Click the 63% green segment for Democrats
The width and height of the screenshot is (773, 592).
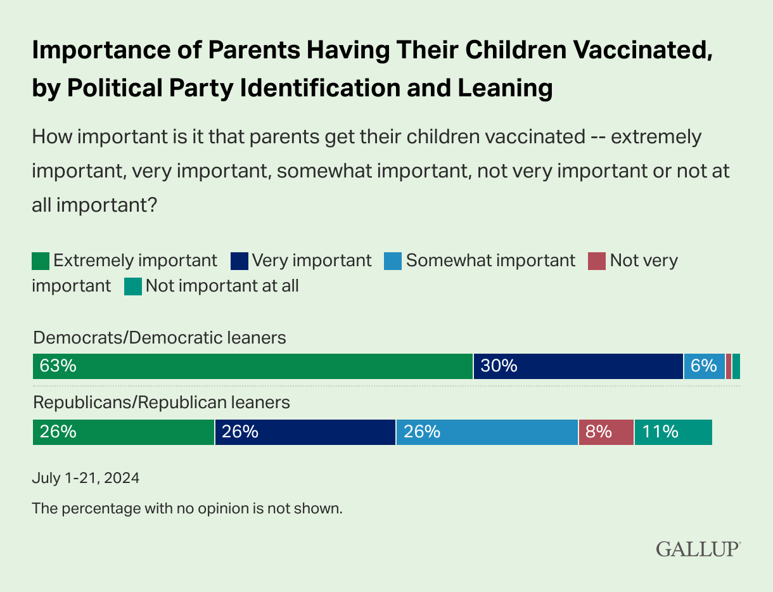pos(252,366)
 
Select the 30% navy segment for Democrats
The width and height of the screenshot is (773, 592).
pos(578,366)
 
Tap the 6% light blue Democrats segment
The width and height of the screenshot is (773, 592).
pos(704,366)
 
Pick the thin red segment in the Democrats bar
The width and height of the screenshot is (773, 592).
pos(729,366)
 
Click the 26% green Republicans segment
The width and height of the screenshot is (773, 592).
pos(124,432)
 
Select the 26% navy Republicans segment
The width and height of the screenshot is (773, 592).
pos(305,432)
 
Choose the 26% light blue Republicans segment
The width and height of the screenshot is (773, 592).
pos(487,432)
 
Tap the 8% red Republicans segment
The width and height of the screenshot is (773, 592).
pos(606,432)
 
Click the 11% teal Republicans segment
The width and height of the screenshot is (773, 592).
pos(673,432)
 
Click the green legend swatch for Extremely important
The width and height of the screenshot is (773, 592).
pos(41,261)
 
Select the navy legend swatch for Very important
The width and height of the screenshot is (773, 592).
pos(240,261)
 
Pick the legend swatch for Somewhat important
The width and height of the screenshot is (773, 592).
pos(393,261)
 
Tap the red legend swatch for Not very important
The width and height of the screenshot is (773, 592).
pos(597,261)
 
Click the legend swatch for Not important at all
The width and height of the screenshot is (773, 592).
pos(132,286)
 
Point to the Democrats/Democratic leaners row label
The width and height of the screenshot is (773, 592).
pos(160,338)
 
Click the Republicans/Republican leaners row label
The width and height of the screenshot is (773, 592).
pos(162,402)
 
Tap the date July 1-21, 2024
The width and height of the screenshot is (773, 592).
pos(86,478)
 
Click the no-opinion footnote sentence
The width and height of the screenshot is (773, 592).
pos(187,508)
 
